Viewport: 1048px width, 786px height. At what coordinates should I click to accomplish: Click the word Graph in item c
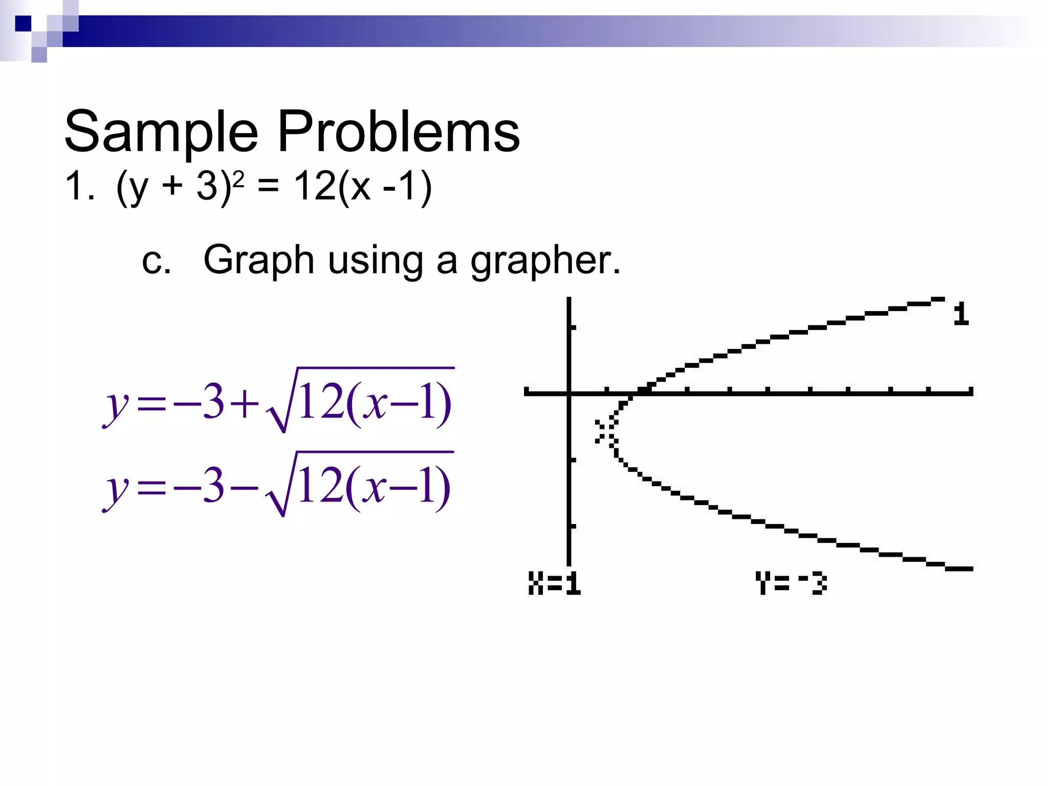258,260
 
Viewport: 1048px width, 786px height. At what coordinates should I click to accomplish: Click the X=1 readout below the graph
554,583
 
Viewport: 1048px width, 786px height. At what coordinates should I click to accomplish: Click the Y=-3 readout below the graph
791,583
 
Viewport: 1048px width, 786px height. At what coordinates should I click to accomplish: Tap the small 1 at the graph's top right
961,313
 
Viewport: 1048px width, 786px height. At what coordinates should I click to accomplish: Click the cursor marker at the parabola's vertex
606,431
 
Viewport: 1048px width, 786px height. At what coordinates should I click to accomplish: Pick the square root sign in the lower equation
279,491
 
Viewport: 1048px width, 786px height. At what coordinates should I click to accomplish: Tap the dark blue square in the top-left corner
23,24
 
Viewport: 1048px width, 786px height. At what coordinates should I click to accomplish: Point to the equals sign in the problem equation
268,186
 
